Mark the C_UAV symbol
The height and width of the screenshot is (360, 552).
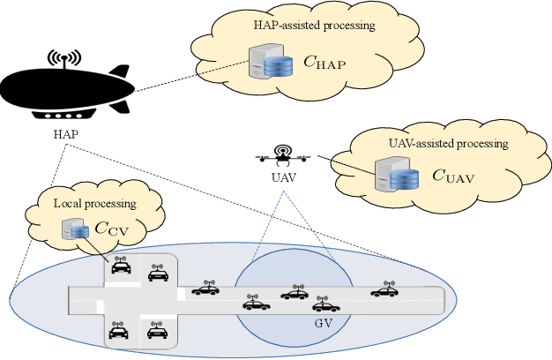(453, 176)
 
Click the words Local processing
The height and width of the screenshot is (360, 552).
(95, 204)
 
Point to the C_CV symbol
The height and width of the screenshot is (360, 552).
(111, 231)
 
